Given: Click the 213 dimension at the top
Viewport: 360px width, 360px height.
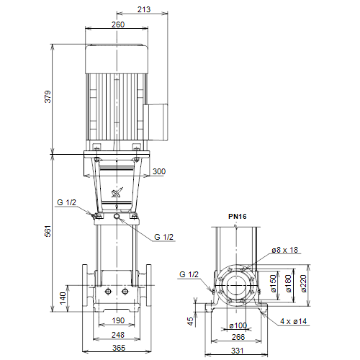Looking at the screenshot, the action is click(x=144, y=9).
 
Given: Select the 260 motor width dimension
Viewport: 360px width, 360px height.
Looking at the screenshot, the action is click(x=118, y=24).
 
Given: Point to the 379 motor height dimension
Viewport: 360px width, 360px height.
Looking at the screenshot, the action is click(x=48, y=96).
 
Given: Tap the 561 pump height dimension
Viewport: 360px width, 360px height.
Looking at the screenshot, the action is click(x=48, y=231).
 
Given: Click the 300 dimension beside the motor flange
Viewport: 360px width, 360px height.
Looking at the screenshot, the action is click(x=159, y=171).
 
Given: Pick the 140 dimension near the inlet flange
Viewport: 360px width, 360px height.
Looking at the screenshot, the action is click(x=63, y=298).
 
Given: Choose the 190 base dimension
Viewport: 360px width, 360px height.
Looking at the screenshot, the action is click(x=118, y=320).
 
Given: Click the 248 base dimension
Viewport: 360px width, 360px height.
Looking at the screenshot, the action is click(x=118, y=335).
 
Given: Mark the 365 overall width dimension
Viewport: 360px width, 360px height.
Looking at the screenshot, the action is click(x=119, y=348).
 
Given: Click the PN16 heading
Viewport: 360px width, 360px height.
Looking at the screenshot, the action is click(x=237, y=217).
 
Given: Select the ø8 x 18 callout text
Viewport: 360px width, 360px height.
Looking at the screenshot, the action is click(x=284, y=250).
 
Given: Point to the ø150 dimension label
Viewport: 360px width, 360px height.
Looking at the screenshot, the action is click(x=274, y=284).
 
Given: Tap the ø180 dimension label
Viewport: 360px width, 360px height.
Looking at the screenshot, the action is click(x=288, y=284).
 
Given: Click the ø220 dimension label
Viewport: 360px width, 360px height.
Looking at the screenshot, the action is click(x=304, y=284).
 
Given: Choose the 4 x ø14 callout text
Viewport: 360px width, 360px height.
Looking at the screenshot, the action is click(x=294, y=321).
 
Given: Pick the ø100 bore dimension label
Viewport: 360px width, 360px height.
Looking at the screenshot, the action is click(x=238, y=325).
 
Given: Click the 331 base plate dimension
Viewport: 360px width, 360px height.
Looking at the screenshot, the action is click(x=238, y=351).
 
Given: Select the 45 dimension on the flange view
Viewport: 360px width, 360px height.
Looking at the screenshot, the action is click(x=190, y=321).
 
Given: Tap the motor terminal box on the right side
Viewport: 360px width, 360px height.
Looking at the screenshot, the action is click(x=156, y=122).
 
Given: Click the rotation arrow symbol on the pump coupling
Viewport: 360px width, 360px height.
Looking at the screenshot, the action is click(x=117, y=193).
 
